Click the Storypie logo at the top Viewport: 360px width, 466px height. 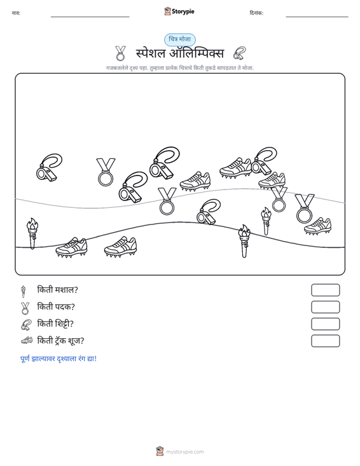tap(179, 11)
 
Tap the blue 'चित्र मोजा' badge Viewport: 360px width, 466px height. tap(180, 39)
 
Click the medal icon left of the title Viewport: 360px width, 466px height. tap(120, 53)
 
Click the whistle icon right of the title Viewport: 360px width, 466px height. tap(240, 53)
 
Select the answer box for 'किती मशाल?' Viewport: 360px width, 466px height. tap(325, 290)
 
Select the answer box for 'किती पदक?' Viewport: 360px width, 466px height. tap(325, 307)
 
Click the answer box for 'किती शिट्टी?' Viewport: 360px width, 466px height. tap(325, 324)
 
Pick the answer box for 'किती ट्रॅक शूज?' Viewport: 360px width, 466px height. tap(325, 341)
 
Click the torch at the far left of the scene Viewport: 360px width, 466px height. tap(32, 233)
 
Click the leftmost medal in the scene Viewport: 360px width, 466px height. tap(106, 172)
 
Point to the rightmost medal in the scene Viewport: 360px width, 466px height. tap(305, 209)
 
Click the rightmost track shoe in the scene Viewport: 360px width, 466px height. tap(318, 226)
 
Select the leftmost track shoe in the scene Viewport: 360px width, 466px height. tap(71, 247)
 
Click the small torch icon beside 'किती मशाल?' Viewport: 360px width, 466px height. tap(23, 291)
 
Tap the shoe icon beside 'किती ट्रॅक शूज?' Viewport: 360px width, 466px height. tap(27, 341)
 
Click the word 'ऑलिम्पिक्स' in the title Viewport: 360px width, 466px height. tap(197, 53)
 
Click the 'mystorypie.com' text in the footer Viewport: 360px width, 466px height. tap(185, 452)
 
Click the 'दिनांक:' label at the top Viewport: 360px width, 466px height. tap(256, 13)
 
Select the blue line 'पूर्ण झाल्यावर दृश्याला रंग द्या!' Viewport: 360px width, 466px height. tap(59, 359)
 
